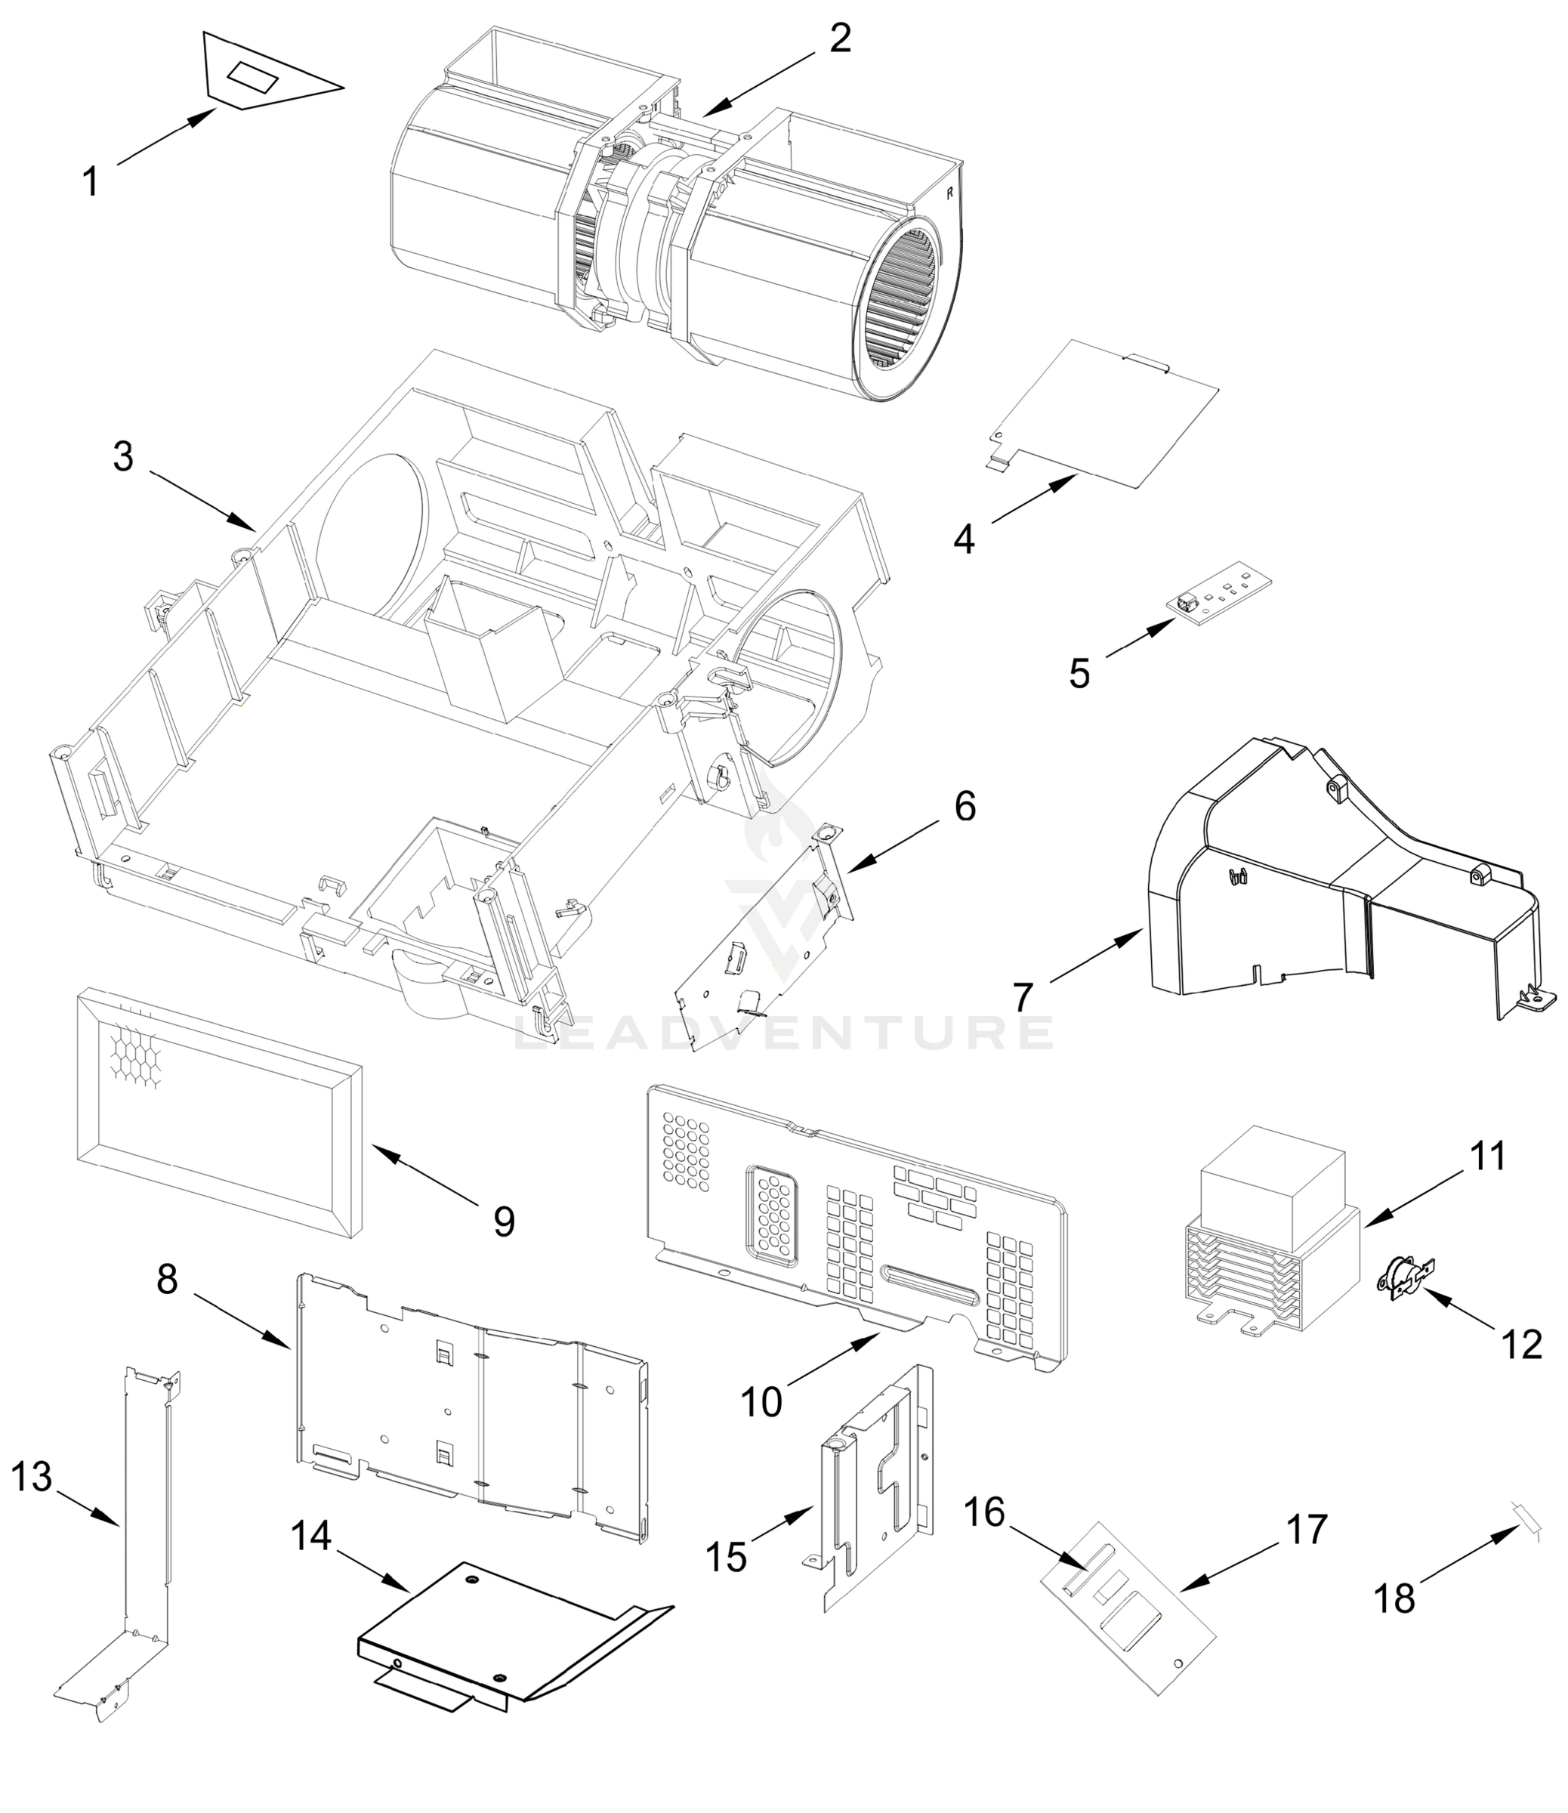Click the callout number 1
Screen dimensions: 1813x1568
click(90, 182)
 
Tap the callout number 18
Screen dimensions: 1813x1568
click(1394, 1598)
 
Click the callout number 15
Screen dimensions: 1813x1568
click(727, 1558)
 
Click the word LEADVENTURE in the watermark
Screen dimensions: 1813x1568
click(783, 1033)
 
